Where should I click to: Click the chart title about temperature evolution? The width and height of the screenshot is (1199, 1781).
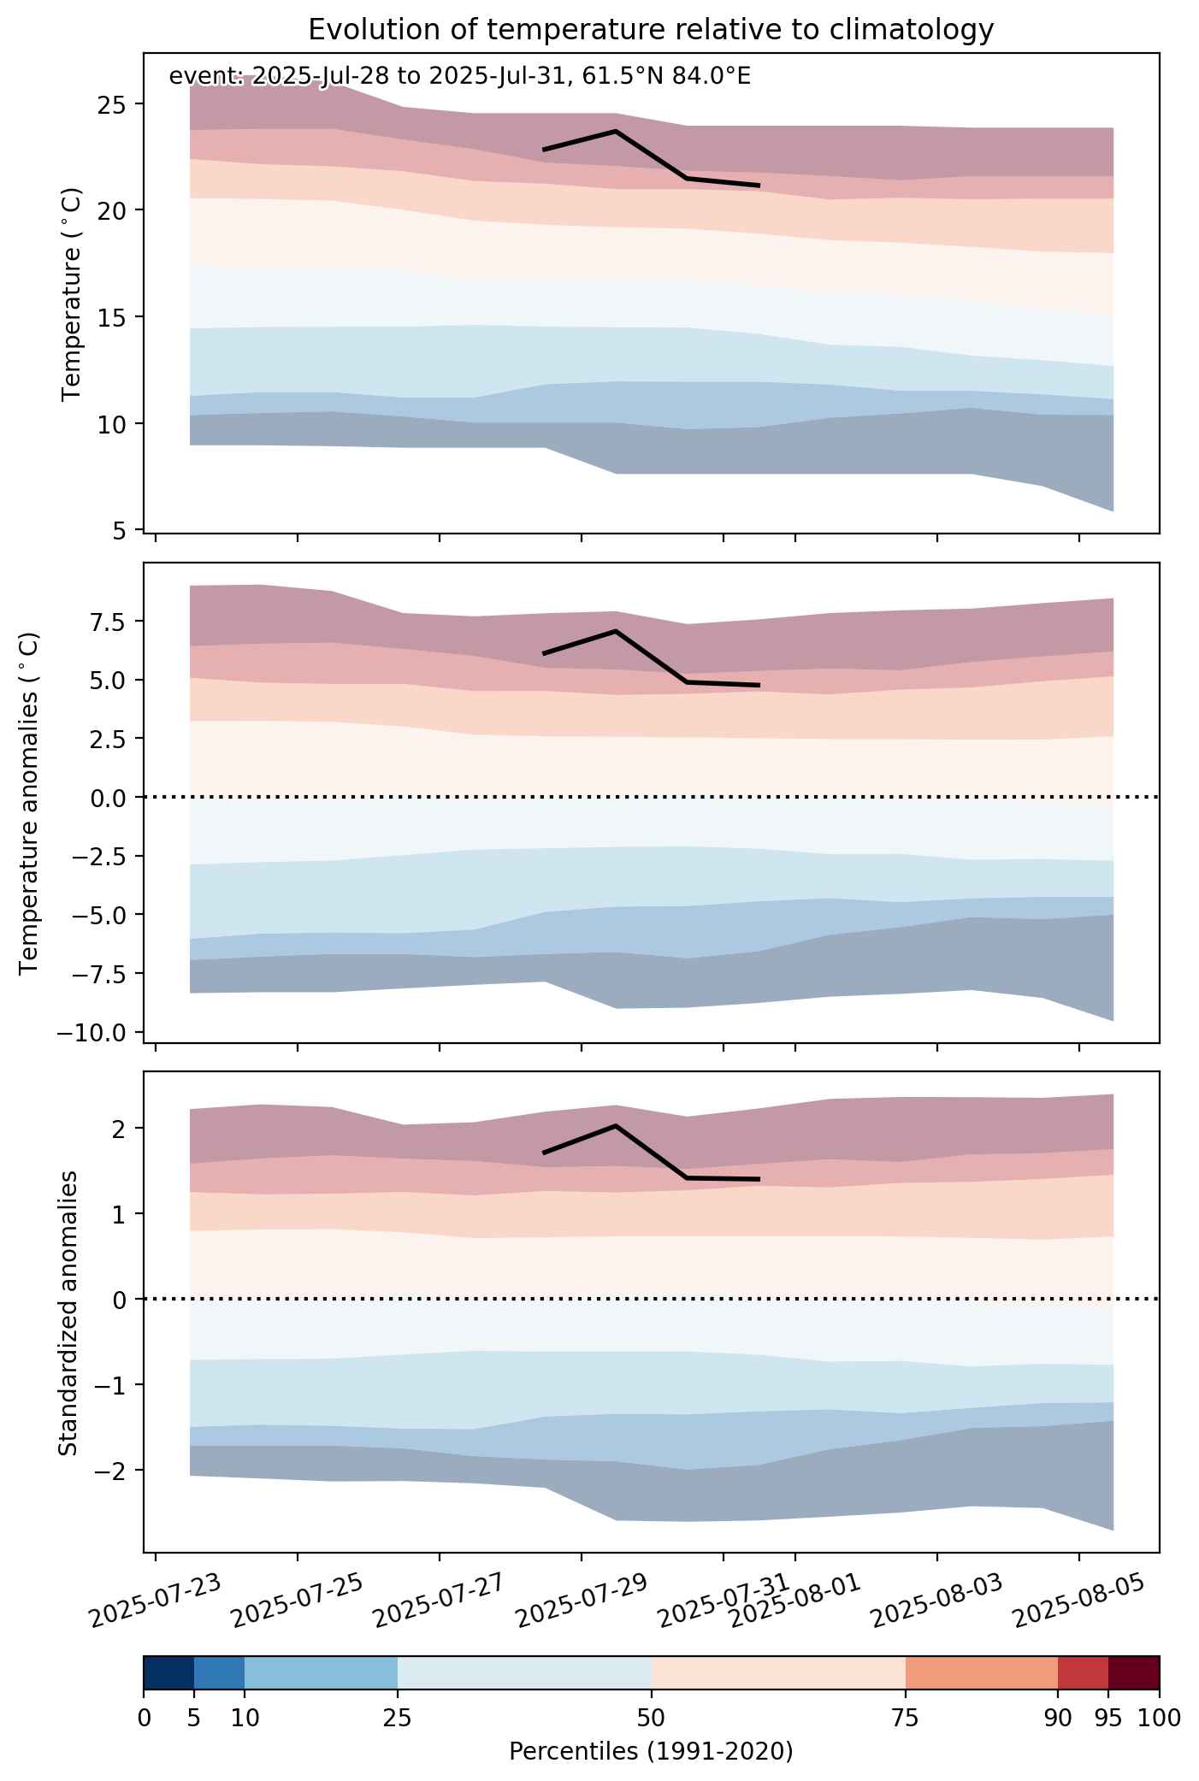tap(651, 30)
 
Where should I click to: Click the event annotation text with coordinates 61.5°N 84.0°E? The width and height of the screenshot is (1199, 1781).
tap(460, 77)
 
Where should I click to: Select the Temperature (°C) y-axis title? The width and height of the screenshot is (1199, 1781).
tap(72, 294)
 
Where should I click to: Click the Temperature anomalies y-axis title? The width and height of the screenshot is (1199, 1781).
tap(30, 803)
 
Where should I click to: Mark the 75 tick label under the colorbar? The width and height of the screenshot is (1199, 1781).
tap(906, 1718)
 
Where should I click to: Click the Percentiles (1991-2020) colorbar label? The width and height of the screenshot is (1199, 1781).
tap(651, 1752)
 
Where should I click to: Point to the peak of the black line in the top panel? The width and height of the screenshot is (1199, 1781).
tap(616, 131)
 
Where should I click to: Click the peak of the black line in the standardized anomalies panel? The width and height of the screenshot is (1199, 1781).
tap(616, 1125)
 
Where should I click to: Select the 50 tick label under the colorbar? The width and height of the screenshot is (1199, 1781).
tap(652, 1718)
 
